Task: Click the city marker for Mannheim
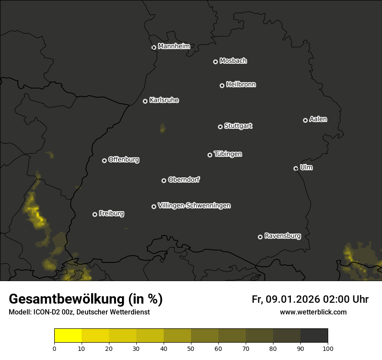pos(154,48)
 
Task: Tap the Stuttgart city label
pos(238,126)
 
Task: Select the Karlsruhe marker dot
pos(145,101)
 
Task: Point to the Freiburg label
pos(112,213)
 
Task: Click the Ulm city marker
pos(296,168)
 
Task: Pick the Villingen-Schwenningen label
pos(194,206)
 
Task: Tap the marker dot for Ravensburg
pos(260,237)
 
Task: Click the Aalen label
pos(318,119)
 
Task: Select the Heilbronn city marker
pos(222,85)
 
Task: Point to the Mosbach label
pos(233,61)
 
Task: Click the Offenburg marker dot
pos(104,160)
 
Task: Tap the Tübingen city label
pos(228,154)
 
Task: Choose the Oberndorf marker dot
pos(164,180)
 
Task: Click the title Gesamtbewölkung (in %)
pos(86,299)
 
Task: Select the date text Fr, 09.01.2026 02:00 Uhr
pos(310,299)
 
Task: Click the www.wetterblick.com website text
pos(313,312)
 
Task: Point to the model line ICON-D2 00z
pos(79,312)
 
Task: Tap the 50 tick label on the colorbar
pos(191,348)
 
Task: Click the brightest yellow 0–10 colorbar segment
pos(68,336)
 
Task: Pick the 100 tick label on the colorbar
pos(328,348)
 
